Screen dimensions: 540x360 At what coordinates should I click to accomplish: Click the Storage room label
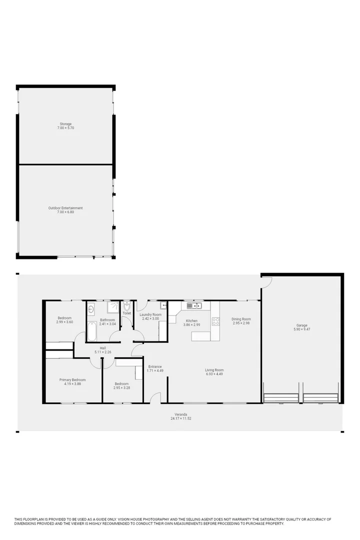coord(65,124)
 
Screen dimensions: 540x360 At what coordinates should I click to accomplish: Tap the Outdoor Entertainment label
coord(65,208)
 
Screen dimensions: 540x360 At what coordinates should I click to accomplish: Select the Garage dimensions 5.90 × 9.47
coord(301,329)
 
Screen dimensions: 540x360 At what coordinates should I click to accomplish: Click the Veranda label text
coord(180,414)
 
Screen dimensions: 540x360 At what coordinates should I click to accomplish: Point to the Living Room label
coord(214,370)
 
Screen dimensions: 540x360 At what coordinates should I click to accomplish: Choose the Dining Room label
coord(241,319)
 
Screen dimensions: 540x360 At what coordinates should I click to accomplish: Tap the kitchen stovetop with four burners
coord(215,321)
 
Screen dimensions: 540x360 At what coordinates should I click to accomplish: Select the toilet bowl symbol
coord(127,306)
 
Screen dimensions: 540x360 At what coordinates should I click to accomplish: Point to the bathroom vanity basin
coord(91,309)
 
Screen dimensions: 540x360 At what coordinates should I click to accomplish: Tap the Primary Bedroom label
coord(72,379)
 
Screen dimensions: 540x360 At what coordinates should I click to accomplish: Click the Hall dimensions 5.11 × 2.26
coord(102,352)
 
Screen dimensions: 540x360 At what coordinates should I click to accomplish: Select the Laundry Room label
coord(150,314)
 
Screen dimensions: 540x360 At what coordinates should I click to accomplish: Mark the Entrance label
coord(155,366)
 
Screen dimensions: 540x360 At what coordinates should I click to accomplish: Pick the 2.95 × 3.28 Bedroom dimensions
coord(122,387)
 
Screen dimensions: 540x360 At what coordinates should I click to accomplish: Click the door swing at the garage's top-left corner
coord(266,281)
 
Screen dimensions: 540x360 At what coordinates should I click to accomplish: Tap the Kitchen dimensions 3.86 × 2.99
coord(191,325)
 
